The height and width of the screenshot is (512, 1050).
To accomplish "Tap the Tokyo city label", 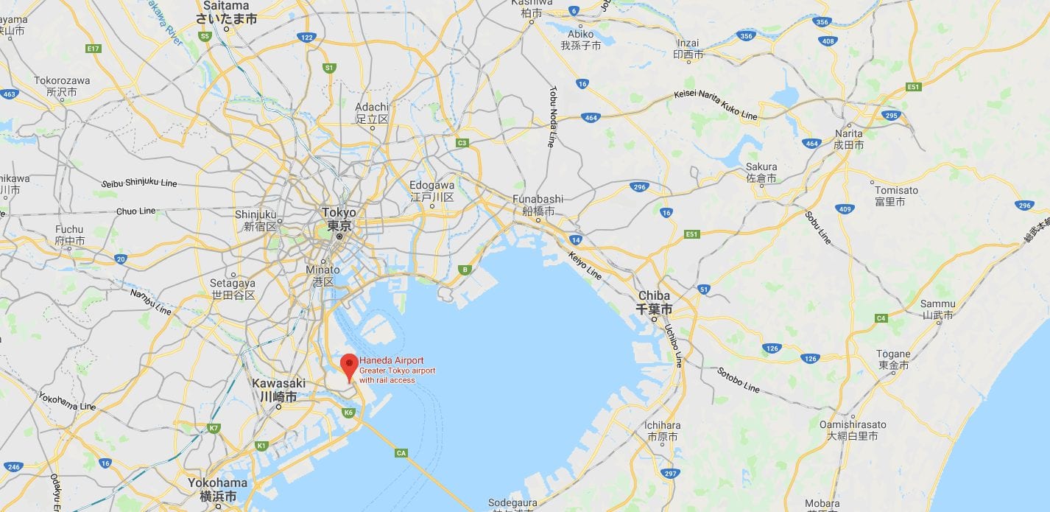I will pos(339,220).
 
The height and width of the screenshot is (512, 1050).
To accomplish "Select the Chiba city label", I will pos(655,302).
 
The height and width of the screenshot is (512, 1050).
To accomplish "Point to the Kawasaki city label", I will pos(278,390).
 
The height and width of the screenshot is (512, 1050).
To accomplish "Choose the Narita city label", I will pos(848,139).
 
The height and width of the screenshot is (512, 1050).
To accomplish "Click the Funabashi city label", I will pos(538,205).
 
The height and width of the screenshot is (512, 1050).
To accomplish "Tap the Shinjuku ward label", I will pos(256,220).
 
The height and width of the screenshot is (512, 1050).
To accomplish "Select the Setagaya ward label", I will pos(233,289).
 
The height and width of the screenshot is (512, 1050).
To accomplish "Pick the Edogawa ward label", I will pos(431,192).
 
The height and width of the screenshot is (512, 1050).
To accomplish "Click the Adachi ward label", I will pos(372,113).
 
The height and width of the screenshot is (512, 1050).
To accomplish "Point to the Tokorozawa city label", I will pos(62,86).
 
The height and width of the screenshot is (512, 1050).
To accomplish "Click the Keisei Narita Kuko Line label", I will pos(716,105).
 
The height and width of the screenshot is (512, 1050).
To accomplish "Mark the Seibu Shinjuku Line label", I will pos(139,183).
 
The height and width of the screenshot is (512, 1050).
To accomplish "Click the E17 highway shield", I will pos(93,49).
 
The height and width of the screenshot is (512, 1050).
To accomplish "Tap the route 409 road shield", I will pos(845,208).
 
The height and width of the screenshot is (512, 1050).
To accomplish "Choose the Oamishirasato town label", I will pos(853,430).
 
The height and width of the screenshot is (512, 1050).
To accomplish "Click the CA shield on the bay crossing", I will pos(401,452).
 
